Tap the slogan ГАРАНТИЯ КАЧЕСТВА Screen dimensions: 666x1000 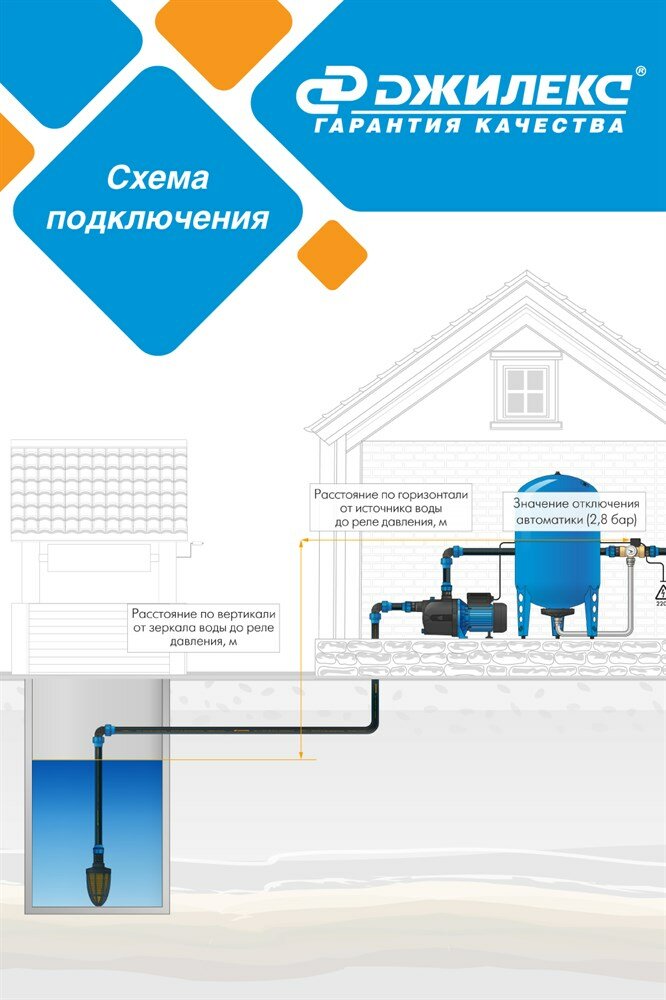tap(469, 126)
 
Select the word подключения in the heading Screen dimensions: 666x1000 tap(157, 218)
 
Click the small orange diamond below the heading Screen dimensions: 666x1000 tap(332, 254)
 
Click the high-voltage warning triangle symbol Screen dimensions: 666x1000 tap(660, 591)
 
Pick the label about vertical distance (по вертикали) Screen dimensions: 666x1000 tap(203, 626)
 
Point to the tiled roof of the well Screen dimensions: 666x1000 tap(98, 489)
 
